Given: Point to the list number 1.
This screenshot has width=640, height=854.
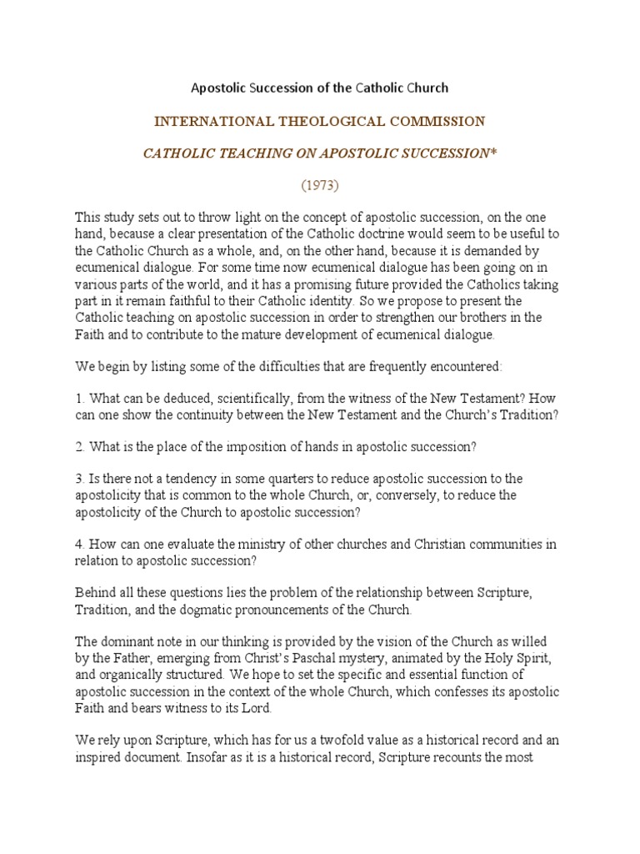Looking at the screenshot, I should [78, 398].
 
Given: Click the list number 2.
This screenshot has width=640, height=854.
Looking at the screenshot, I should [79, 446].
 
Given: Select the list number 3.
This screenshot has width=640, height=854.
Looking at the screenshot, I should [79, 479].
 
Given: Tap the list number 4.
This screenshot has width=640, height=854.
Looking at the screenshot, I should [79, 544].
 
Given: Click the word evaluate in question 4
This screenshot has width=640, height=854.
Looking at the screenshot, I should [199, 544].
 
